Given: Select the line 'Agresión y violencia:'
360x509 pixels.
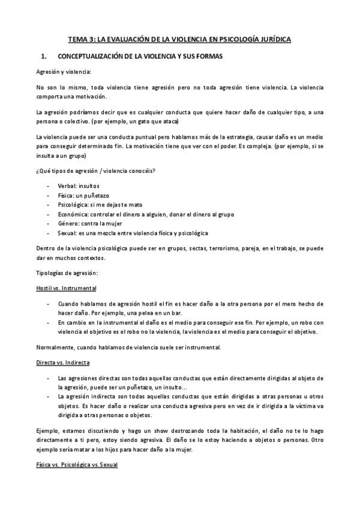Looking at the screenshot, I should pos(64,72).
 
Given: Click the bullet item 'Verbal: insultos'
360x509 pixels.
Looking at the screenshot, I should pos(79,186).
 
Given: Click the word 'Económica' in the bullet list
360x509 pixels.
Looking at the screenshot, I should pos(73,214).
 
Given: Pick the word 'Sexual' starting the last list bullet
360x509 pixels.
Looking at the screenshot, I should pos(67,233).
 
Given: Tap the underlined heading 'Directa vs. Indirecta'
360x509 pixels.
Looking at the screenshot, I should pos(64,364).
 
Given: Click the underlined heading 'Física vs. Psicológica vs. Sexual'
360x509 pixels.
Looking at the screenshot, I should pos(77,465).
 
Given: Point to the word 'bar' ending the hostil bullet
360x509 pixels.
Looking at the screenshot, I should pos(176,313).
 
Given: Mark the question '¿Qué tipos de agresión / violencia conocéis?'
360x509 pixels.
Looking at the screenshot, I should pos(96,172).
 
